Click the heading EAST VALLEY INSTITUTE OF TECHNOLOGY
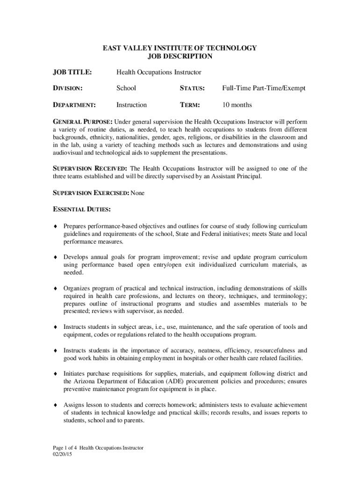[180, 48]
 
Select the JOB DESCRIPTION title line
[180, 57]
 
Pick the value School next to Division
[126, 88]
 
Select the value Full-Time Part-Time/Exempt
[264, 88]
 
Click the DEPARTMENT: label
[74, 105]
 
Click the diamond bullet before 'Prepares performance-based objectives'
[55, 226]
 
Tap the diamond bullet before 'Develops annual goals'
[55, 257]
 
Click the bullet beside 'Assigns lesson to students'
[55, 405]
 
